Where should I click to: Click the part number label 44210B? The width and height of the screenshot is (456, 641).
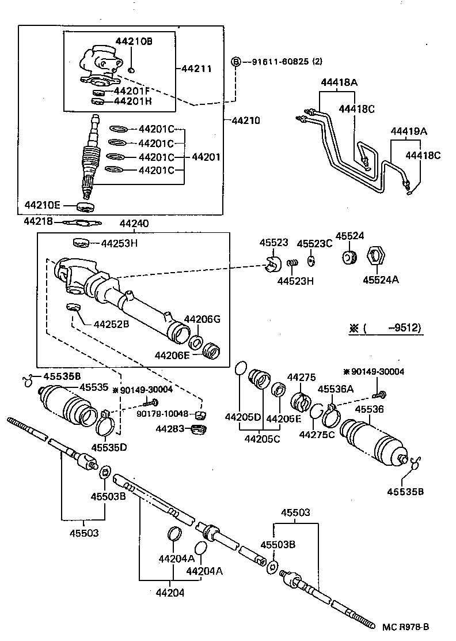(x=134, y=42)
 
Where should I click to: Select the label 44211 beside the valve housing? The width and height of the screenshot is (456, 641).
(x=196, y=69)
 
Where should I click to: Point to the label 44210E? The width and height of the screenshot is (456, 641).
(x=41, y=206)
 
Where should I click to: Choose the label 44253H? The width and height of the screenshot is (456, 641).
(x=119, y=243)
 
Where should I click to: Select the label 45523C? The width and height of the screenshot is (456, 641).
(x=314, y=243)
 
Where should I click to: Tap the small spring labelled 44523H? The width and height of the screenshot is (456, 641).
(x=292, y=264)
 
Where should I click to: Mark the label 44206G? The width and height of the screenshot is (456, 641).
(x=202, y=319)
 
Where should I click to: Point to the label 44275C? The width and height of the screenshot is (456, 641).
(x=317, y=434)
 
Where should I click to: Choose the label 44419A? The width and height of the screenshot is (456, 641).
(x=409, y=131)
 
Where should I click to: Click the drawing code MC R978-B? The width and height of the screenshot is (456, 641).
(x=406, y=627)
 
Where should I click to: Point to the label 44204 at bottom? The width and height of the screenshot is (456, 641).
(x=172, y=592)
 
